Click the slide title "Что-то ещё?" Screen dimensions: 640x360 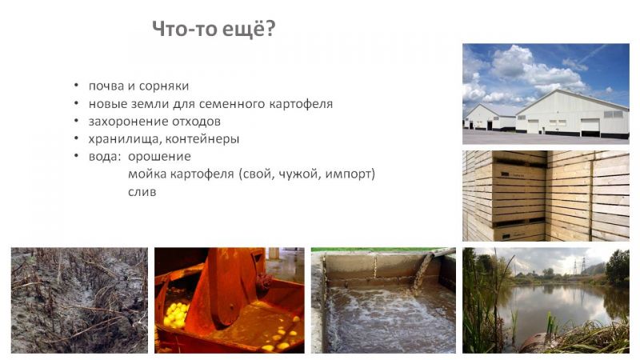pos(214,29)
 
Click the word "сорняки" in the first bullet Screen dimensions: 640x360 pos(164,86)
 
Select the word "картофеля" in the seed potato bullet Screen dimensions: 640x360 pos(301,104)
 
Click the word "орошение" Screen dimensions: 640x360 pos(159,157)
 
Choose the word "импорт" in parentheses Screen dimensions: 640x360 pos(350,174)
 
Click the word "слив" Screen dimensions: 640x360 pos(142,192)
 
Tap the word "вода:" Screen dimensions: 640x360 pos(105,157)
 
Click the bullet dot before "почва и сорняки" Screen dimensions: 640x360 pos(76,86)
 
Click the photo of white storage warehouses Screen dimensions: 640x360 pos(546,94)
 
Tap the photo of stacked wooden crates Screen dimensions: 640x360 pos(546,196)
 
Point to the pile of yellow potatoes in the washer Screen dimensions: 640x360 pos(176,314)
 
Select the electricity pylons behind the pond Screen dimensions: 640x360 pos(579,266)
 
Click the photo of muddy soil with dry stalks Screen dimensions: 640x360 pos(79,301)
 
